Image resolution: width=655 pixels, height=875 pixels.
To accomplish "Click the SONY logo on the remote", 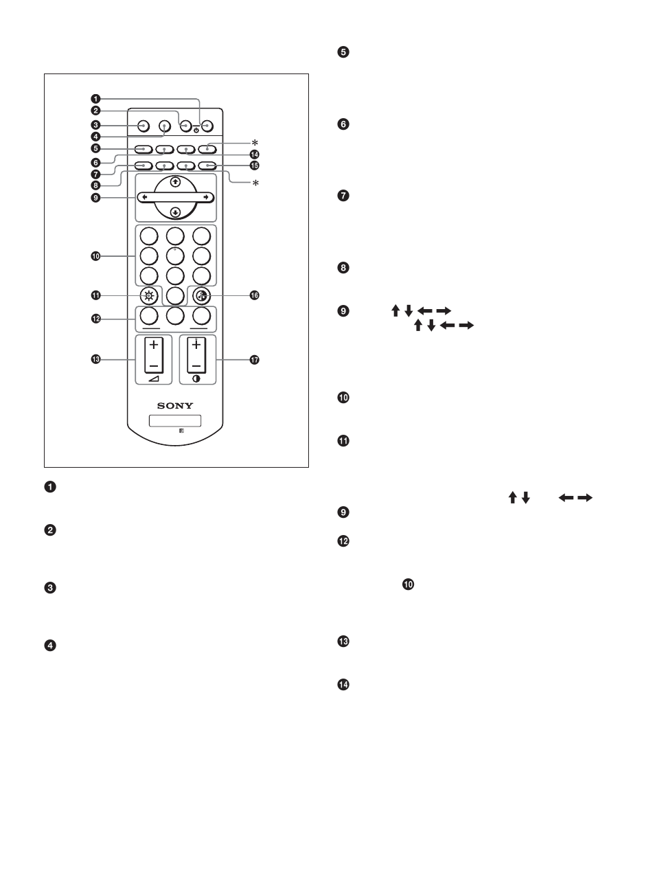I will pyautogui.click(x=175, y=405).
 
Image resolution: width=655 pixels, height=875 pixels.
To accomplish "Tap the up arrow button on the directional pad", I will pyautogui.click(x=176, y=182).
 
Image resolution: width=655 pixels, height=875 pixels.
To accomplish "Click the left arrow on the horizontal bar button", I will pyautogui.click(x=144, y=197).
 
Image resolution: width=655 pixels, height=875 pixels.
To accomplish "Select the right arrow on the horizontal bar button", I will pyautogui.click(x=205, y=197).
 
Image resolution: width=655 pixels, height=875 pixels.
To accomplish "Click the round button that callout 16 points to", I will pyautogui.click(x=201, y=295).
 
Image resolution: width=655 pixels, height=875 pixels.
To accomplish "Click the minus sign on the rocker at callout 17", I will pyautogui.click(x=197, y=365).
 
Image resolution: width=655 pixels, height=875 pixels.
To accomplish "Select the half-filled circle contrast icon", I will pyautogui.click(x=197, y=379).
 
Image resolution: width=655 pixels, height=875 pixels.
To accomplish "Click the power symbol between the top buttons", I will pyautogui.click(x=196, y=130).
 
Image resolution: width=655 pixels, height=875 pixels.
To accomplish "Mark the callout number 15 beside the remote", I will pyautogui.click(x=254, y=166).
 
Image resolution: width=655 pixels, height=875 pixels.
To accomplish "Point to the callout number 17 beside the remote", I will pyautogui.click(x=254, y=360).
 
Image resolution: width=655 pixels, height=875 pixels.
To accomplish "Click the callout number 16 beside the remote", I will pyautogui.click(x=254, y=295).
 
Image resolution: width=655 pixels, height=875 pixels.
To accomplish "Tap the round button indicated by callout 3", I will pyautogui.click(x=143, y=126).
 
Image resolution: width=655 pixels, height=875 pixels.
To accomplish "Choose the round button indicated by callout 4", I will pyautogui.click(x=164, y=126).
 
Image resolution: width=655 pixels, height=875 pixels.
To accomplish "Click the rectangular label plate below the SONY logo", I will pyautogui.click(x=175, y=420).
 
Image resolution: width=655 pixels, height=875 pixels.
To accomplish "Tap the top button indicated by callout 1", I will pyautogui.click(x=207, y=126).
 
